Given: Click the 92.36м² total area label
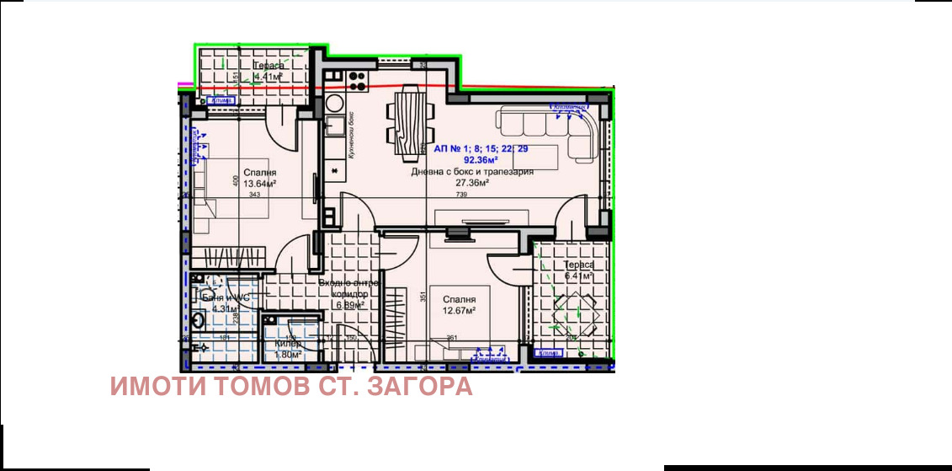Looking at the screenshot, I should [481, 159].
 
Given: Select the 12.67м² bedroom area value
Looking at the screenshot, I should [459, 310].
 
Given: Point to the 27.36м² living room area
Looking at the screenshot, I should [472, 182].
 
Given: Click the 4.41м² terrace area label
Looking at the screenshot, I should [268, 77].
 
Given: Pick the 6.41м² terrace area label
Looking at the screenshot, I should [579, 276].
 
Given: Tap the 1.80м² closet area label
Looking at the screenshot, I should [288, 355].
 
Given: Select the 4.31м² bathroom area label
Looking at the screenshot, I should [226, 308].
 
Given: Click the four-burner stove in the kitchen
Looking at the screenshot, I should [358, 81].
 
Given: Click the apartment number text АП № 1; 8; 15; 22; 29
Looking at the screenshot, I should [481, 148].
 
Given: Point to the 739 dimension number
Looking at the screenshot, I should [460, 195].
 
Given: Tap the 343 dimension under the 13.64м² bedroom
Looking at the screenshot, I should [255, 195].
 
